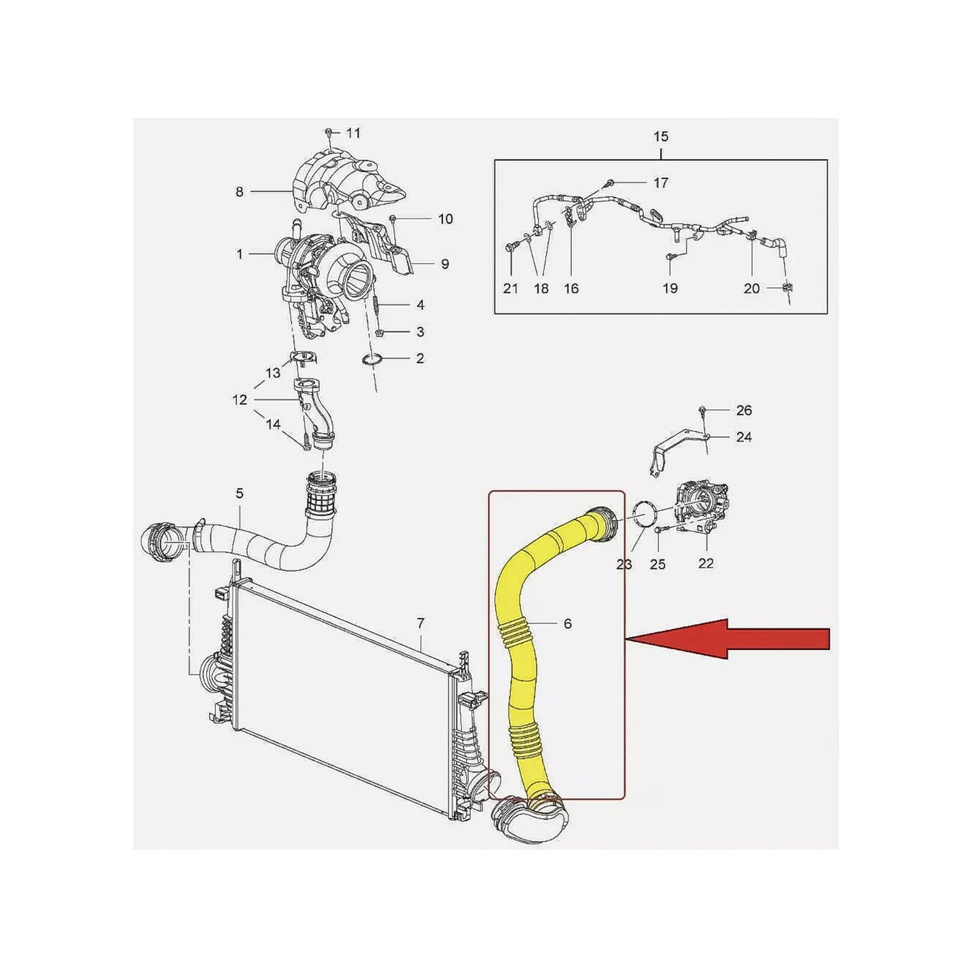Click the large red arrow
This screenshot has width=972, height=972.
pyautogui.click(x=727, y=638)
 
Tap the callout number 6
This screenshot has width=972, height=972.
pyautogui.click(x=567, y=624)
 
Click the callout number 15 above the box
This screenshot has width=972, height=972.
pyautogui.click(x=660, y=137)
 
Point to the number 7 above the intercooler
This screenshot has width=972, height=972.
pyautogui.click(x=420, y=623)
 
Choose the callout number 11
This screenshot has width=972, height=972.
pyautogui.click(x=353, y=132)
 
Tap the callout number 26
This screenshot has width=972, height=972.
pyautogui.click(x=744, y=411)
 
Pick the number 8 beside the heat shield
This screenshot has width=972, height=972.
pyautogui.click(x=239, y=192)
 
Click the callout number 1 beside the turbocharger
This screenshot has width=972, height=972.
pyautogui.click(x=239, y=254)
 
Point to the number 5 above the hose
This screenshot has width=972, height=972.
pyautogui.click(x=239, y=493)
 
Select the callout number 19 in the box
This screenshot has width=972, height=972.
pyautogui.click(x=670, y=289)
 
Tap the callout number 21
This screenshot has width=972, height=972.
pyautogui.click(x=510, y=289)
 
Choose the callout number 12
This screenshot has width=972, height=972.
pyautogui.click(x=239, y=400)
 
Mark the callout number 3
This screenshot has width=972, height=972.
pyautogui.click(x=420, y=332)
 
